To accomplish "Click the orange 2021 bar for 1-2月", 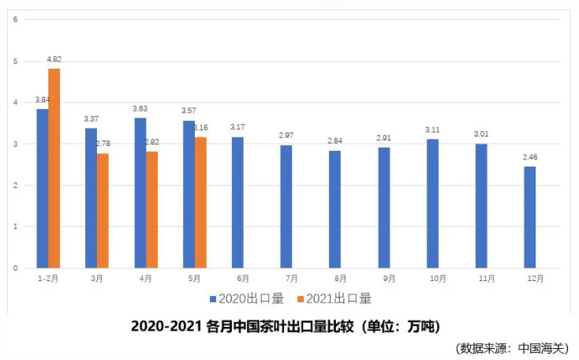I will [x=54, y=168].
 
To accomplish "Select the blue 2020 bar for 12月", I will [x=530, y=217].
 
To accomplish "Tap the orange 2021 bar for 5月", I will [x=200, y=203].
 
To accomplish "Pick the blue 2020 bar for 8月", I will [x=335, y=209].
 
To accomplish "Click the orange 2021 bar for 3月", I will [x=103, y=211].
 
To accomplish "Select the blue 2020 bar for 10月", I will [x=432, y=204].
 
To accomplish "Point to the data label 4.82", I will [x=54, y=59].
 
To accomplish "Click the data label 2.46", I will [x=530, y=158].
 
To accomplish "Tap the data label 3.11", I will [x=432, y=129].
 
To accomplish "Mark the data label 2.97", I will [x=286, y=136].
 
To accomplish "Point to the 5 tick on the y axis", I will [x=16, y=61].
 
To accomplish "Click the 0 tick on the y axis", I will [x=16, y=268].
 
